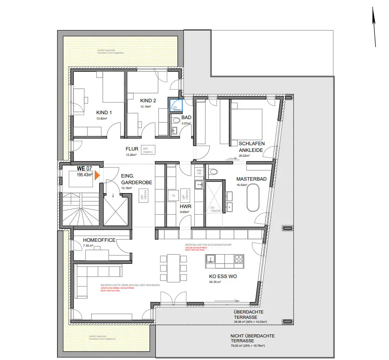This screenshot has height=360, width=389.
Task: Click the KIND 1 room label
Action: [104, 112]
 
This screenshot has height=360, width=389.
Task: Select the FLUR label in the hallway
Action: [132, 149]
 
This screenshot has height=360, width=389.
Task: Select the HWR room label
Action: [185, 206]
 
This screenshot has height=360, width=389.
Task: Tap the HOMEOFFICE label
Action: [99, 240]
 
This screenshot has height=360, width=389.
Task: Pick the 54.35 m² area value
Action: [215, 282]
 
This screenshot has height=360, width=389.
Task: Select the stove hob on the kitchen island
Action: [239, 258]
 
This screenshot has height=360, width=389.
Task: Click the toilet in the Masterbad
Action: [213, 172]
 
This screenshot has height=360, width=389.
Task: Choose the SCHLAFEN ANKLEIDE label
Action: [252, 147]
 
